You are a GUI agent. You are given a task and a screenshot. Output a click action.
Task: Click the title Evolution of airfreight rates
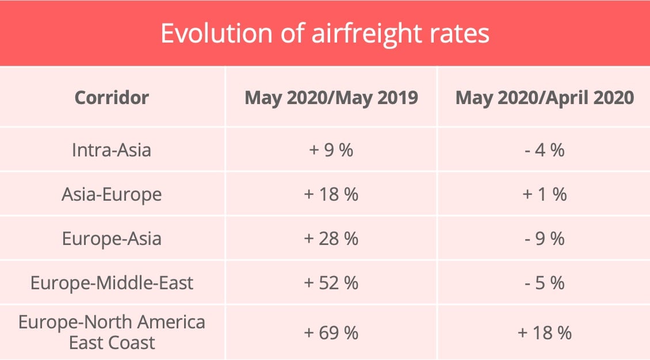click(325, 33)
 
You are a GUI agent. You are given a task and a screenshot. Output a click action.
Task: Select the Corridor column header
click(112, 97)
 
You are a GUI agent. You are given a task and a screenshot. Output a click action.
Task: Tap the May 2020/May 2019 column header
click(331, 97)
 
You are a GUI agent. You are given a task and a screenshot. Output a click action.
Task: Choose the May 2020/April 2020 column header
click(544, 97)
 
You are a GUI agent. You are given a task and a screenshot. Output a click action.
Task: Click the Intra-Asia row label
click(112, 150)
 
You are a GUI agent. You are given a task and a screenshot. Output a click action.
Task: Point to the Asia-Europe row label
click(112, 194)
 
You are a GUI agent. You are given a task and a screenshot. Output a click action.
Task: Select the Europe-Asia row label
click(112, 239)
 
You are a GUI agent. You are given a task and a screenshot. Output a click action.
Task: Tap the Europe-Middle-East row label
click(112, 283)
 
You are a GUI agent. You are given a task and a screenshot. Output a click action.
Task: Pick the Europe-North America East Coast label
click(112, 332)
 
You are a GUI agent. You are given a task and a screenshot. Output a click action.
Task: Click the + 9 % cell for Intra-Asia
click(331, 150)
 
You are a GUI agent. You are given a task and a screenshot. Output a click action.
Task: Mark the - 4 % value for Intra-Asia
click(544, 150)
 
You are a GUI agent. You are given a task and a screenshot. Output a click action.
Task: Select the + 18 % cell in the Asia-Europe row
click(331, 194)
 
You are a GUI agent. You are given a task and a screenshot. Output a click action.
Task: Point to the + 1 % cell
click(544, 194)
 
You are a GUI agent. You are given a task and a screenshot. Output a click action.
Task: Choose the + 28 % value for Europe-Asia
click(331, 239)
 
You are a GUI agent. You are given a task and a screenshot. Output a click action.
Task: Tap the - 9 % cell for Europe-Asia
click(544, 239)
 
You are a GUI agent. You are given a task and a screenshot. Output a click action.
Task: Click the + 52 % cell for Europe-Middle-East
click(331, 283)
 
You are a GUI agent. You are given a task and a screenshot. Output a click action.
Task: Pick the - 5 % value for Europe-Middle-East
click(544, 283)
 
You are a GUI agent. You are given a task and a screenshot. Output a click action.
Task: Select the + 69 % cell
click(331, 332)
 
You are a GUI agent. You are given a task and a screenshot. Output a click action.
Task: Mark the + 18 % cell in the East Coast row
click(544, 332)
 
